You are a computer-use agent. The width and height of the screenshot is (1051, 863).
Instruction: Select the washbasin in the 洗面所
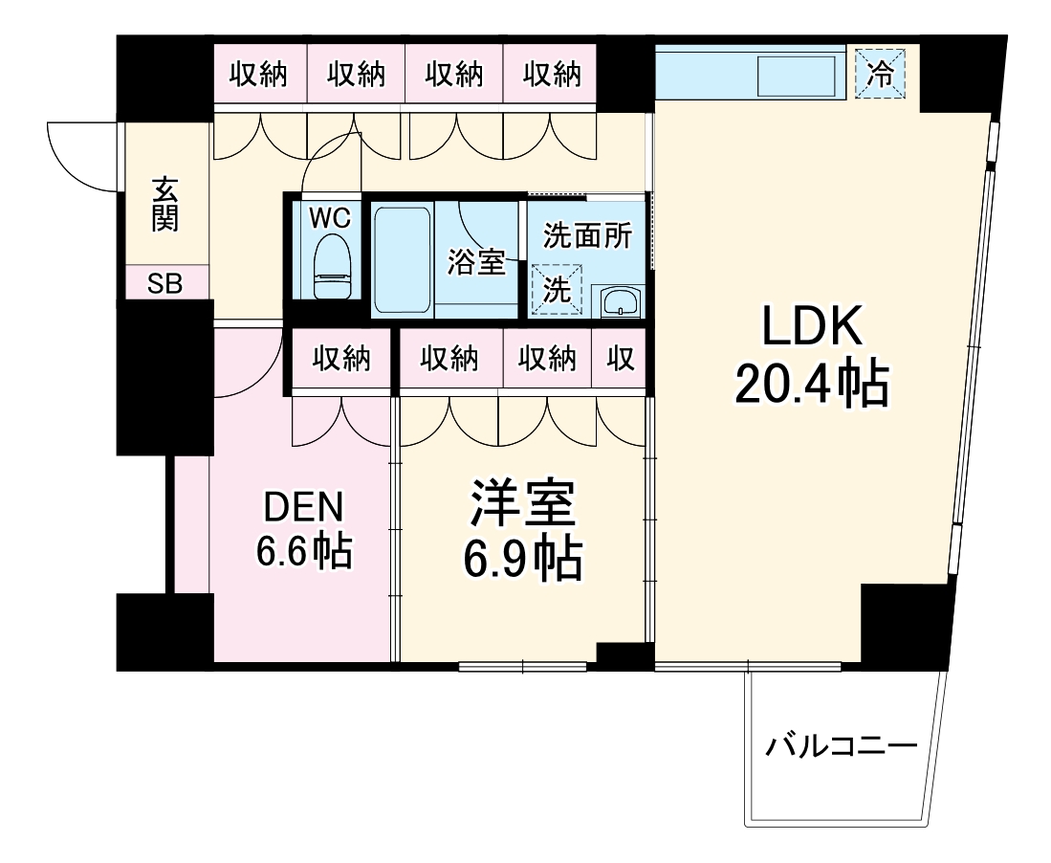[621, 301]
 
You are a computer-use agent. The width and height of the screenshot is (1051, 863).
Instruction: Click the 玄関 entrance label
[164, 205]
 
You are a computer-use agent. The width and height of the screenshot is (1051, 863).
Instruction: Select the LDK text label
[812, 328]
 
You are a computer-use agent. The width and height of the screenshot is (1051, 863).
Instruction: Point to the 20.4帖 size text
[812, 385]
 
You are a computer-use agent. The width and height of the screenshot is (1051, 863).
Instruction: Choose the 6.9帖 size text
[522, 560]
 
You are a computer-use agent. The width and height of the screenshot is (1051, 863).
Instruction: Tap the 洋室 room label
[522, 505]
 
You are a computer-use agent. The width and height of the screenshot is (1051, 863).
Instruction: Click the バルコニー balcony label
[842, 744]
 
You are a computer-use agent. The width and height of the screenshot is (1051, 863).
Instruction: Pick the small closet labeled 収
[619, 360]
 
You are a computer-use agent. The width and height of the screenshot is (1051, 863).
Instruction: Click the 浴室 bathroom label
[476, 261]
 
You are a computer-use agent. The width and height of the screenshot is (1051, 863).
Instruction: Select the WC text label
[329, 217]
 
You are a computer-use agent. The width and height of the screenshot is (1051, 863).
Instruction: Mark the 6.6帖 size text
[303, 552]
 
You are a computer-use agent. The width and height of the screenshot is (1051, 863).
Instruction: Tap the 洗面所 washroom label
[587, 235]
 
